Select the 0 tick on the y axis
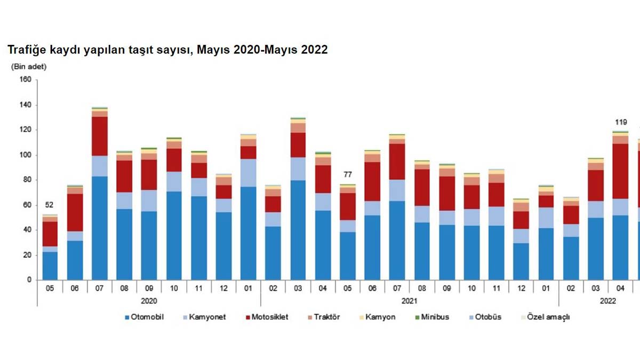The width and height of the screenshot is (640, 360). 30,280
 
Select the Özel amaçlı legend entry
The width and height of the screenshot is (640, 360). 548,317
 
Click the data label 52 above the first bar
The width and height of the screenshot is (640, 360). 50,205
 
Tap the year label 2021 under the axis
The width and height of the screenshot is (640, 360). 409,301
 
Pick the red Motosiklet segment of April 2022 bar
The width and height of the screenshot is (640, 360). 620,171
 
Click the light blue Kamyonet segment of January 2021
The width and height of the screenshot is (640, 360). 248,172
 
